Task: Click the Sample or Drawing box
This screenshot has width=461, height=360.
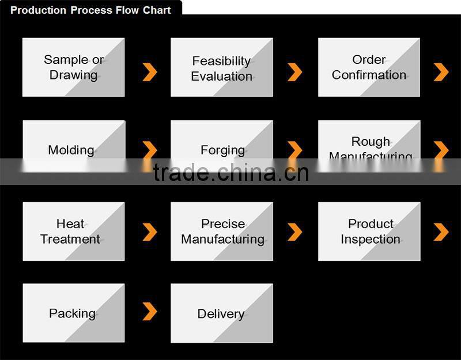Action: (74, 67)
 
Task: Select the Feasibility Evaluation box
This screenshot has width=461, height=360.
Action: (222, 67)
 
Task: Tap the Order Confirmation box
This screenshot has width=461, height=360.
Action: (369, 67)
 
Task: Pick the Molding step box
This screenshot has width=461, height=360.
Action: (74, 146)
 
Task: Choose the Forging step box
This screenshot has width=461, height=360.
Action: (222, 146)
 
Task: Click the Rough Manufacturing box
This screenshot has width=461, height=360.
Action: (369, 146)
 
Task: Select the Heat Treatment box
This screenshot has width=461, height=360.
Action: (74, 232)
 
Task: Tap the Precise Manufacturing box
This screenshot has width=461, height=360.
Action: (222, 232)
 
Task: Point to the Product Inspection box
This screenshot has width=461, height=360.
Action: (369, 232)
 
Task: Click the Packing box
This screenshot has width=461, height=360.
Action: (74, 313)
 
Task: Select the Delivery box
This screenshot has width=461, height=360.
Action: (222, 313)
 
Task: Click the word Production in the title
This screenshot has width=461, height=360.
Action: (38, 10)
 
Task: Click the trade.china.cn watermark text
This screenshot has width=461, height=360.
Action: (231, 172)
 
